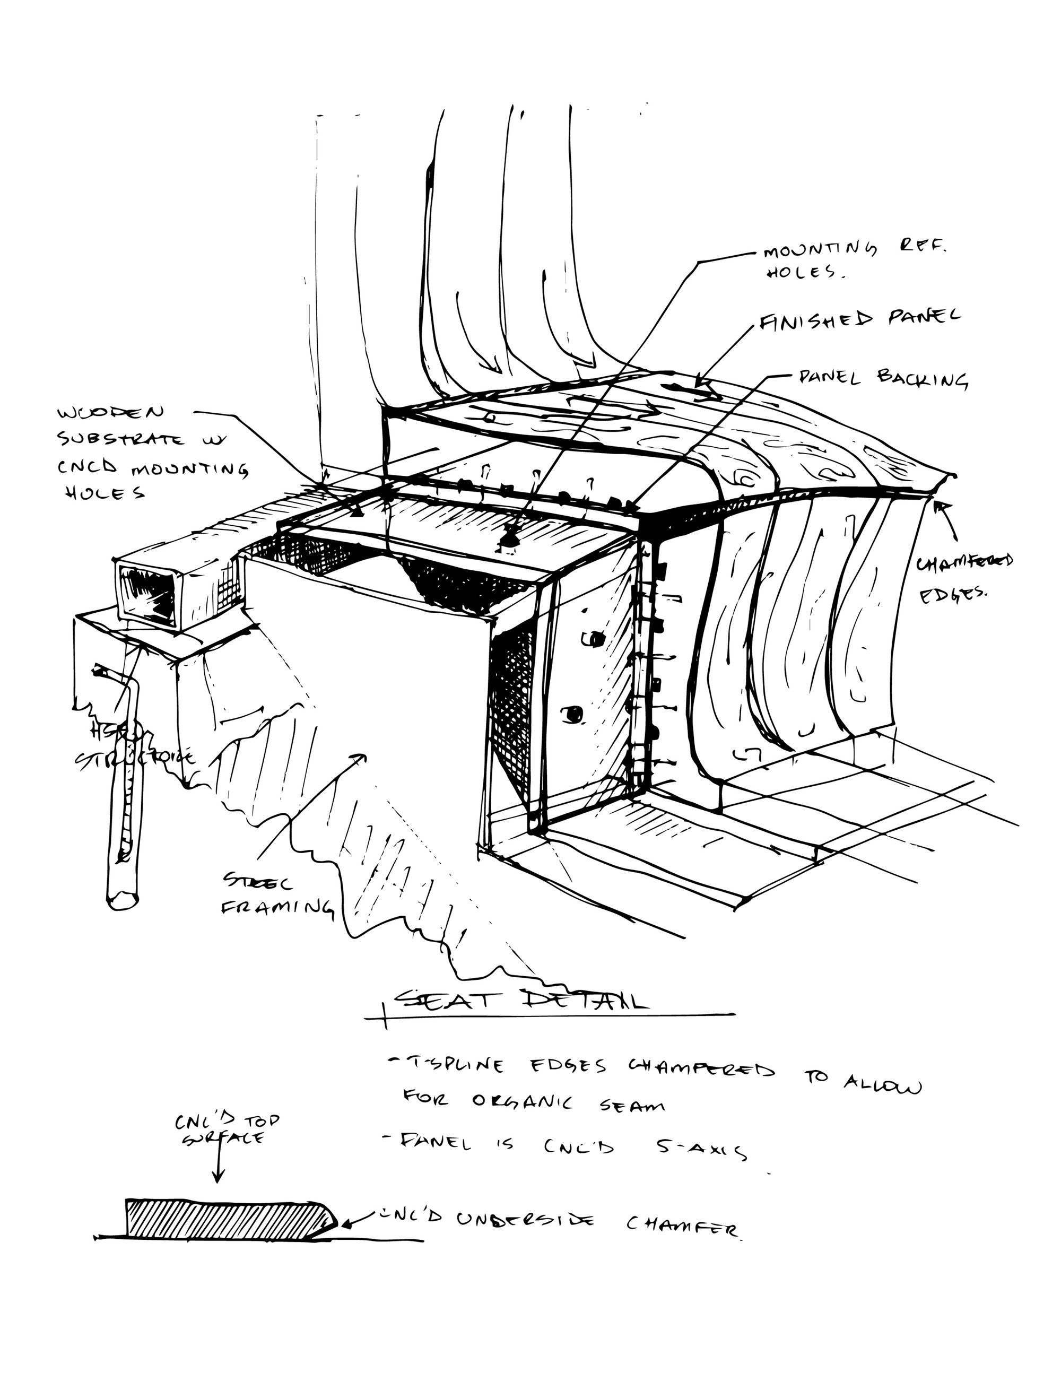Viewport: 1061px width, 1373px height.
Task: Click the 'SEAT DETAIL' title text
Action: pyautogui.click(x=521, y=1000)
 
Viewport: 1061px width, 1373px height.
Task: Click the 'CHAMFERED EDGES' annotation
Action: pyautogui.click(x=963, y=578)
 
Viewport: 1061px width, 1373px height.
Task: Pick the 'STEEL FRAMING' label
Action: pyautogui.click(x=276, y=894)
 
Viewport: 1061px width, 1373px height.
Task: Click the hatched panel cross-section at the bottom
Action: pyautogui.click(x=227, y=1217)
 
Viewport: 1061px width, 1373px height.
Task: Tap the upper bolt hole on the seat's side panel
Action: pyautogui.click(x=592, y=639)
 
